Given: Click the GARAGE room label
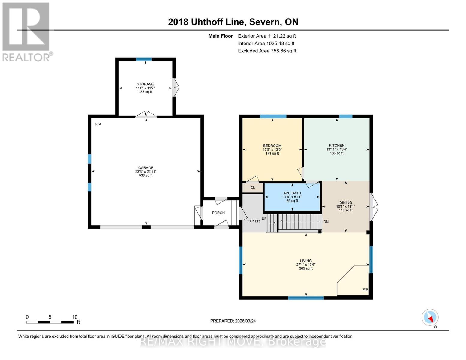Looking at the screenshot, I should point(146,168).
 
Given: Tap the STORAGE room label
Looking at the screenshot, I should point(146,84).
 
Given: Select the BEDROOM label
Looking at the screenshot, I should point(272,146).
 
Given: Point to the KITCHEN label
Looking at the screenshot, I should point(337,145).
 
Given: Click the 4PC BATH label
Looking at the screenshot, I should point(292,193).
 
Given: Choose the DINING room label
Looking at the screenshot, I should point(346,203).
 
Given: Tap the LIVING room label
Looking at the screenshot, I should point(306,261).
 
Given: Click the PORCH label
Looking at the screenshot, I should point(218,213).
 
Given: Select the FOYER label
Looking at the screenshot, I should point(254,221).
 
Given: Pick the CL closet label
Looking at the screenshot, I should point(253,188).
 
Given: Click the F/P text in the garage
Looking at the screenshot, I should point(98,124).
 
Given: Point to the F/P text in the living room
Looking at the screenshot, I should point(365,290).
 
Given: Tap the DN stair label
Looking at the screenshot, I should point(326,222).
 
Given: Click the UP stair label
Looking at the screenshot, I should point(264,219).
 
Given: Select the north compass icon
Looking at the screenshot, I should point(430,317).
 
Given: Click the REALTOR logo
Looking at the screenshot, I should point(26,31).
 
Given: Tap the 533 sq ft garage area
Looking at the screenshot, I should point(146,175).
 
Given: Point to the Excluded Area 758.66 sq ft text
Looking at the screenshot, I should point(267,51).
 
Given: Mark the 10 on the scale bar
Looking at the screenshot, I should point(75,317).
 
